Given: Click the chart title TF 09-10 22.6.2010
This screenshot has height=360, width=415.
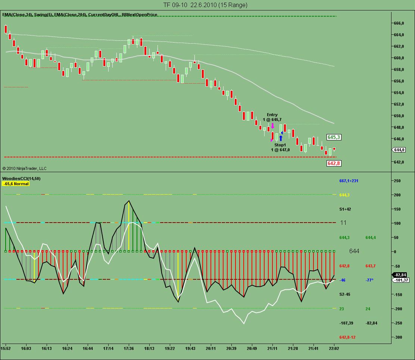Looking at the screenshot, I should (x=205, y=5).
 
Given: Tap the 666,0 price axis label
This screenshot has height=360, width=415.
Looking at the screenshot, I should (x=399, y=23).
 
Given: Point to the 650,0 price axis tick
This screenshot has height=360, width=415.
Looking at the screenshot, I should (x=399, y=116).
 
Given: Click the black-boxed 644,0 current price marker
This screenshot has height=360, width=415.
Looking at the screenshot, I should (x=399, y=150).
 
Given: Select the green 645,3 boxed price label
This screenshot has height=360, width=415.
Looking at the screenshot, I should (x=334, y=137).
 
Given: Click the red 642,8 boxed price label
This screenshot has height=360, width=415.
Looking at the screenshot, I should (x=334, y=163).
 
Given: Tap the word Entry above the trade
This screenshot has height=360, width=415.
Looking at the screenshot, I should (x=272, y=115).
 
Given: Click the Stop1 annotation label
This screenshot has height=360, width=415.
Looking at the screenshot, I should (x=280, y=145).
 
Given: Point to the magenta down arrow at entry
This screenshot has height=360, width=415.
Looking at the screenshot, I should (x=272, y=126).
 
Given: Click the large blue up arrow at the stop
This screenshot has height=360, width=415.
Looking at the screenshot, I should (x=281, y=138).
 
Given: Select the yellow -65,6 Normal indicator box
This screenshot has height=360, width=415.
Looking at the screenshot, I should (x=16, y=184).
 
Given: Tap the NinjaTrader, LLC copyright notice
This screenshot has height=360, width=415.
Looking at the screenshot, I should (x=24, y=169).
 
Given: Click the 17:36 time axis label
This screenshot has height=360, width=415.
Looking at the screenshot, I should (x=129, y=348).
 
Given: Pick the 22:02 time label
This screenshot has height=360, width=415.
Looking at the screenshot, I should (x=334, y=348).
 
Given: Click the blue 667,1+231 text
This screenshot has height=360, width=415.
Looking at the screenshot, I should (x=348, y=181).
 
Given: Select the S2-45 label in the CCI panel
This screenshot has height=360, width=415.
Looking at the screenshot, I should (x=345, y=295).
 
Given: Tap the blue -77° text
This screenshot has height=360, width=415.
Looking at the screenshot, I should (x=369, y=280).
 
